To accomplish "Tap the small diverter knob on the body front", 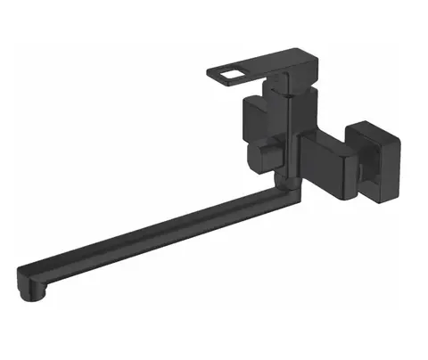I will pyautogui.click(x=260, y=161).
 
